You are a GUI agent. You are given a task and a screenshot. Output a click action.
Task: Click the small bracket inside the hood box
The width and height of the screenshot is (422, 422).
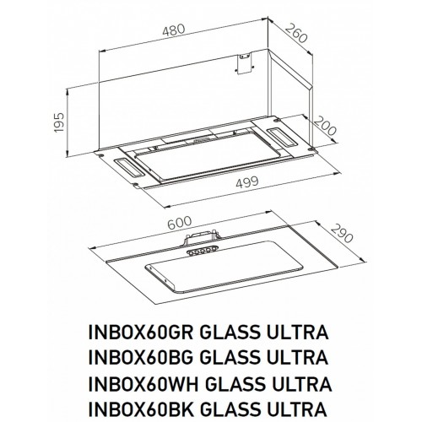coord(245,62)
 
